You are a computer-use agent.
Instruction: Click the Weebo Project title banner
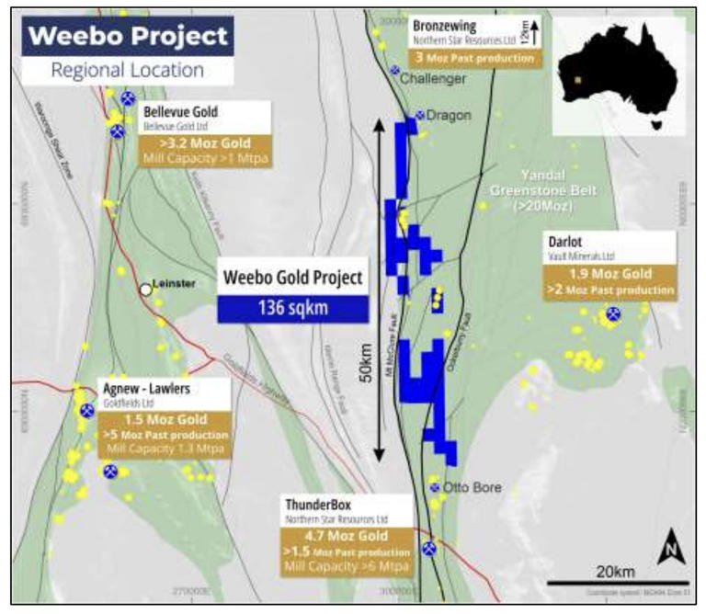tap(128, 37)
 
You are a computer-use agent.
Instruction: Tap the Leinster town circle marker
tap(145, 290)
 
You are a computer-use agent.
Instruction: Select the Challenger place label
tap(433, 79)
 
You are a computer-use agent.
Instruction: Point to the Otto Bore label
tap(472, 487)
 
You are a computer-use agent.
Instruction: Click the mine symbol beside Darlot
tap(612, 314)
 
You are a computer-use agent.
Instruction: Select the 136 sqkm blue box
tap(292, 307)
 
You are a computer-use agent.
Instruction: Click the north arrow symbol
tap(672, 550)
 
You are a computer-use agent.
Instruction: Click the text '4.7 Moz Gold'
tap(347, 536)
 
